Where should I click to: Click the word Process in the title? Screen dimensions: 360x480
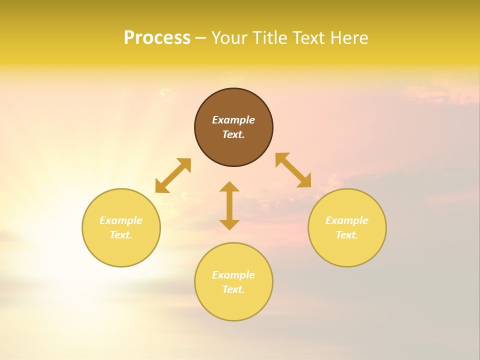[157, 38]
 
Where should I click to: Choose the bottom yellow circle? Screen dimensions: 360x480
[233, 305]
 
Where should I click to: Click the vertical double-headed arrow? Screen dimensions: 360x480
[229, 205]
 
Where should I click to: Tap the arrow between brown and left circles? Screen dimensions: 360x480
[173, 175]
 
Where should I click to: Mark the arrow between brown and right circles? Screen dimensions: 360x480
[293, 170]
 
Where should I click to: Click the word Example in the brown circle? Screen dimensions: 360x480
[233, 120]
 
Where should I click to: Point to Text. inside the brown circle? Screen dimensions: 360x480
[233, 134]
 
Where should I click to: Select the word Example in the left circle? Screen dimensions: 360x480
[121, 220]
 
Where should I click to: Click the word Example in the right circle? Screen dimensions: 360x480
[347, 220]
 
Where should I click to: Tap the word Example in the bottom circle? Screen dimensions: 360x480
[233, 275]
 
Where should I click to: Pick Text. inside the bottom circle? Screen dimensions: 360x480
[233, 289]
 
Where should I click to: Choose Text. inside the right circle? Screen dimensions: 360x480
[347, 235]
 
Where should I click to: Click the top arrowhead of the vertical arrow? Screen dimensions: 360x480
[229, 186]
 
